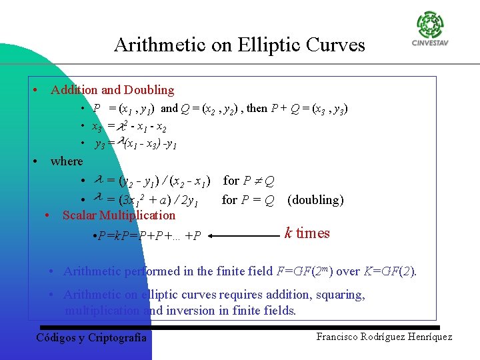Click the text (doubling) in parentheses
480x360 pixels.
pos(315,199)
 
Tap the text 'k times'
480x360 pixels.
pos(307,233)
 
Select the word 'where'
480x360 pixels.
pos(67,161)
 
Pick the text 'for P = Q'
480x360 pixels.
pos(248,199)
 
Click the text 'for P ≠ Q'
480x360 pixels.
pos(248,181)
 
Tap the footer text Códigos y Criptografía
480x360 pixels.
pos(91,337)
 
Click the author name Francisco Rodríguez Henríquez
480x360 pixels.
pos(384,337)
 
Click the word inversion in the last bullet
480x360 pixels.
pos(173,311)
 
